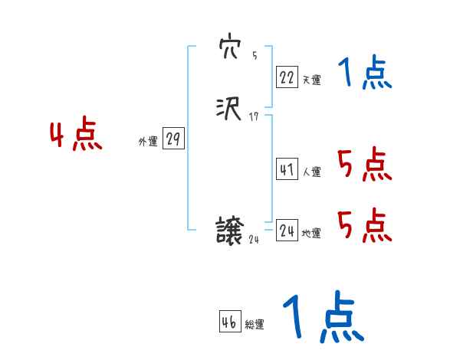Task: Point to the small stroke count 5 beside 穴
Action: point(255,57)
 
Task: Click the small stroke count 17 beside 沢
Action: point(255,116)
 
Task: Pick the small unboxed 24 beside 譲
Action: point(255,240)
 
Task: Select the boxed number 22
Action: point(287,77)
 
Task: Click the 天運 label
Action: point(311,80)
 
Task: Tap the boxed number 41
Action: point(287,170)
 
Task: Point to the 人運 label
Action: point(311,172)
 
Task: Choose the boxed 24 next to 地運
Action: point(287,231)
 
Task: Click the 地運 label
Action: point(311,234)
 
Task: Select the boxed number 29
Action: point(174,139)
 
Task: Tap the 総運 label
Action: point(255,325)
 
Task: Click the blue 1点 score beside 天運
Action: point(365,74)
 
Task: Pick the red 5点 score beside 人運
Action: point(364,164)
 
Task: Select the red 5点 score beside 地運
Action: point(364,225)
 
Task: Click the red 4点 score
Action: point(76,136)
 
